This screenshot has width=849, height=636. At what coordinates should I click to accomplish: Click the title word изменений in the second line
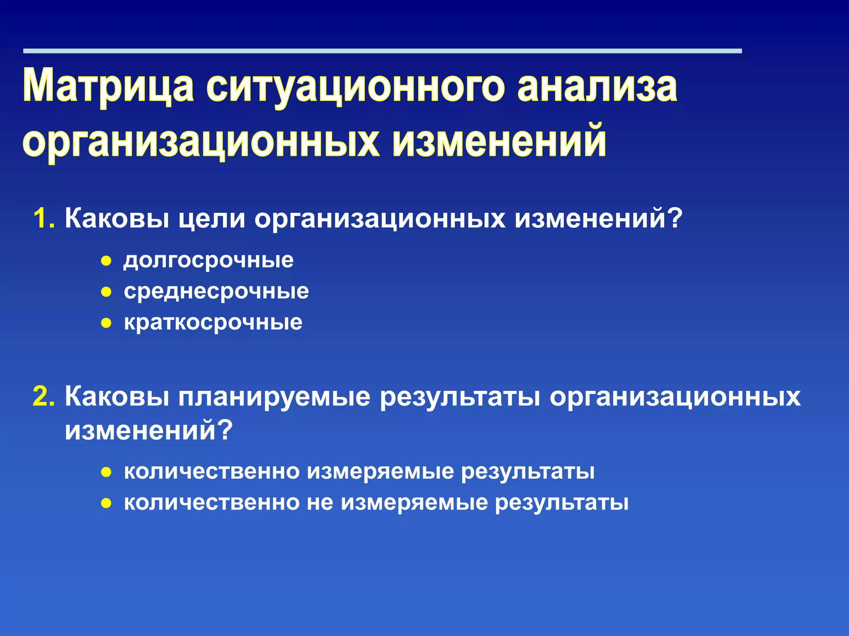[499, 141]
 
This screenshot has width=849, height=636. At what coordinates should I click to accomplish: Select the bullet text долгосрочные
[209, 260]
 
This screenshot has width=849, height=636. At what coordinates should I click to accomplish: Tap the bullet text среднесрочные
[216, 291]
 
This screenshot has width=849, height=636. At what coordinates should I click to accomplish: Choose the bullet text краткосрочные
[213, 322]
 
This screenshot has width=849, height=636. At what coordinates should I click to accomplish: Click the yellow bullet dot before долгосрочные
[107, 261]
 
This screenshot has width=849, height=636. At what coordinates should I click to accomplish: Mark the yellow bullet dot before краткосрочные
[107, 323]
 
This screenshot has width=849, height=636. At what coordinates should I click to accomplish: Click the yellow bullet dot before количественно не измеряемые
[107, 503]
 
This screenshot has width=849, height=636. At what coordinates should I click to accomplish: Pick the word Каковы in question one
[117, 218]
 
